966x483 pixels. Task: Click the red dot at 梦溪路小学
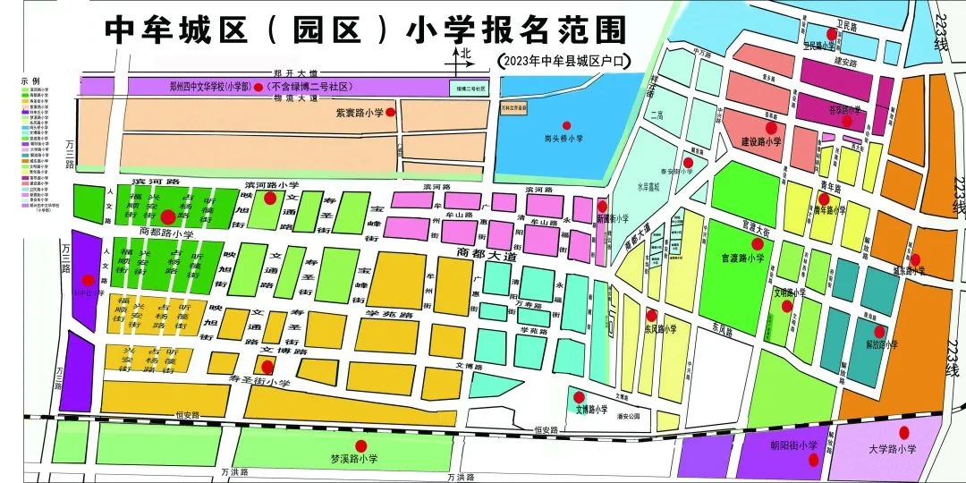tap(361, 445)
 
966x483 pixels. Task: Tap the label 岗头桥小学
tap(564, 139)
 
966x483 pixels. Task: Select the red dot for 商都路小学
tap(168, 216)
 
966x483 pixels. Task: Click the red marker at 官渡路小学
tap(757, 243)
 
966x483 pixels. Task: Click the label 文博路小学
tap(591, 410)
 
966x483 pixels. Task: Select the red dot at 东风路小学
tap(652, 315)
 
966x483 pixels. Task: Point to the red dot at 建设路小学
tap(771, 129)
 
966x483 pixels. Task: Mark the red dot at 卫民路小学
tap(831, 34)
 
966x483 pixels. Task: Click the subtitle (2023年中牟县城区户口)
tap(563, 60)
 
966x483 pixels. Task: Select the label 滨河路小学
tap(272, 185)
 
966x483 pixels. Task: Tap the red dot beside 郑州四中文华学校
tap(258, 88)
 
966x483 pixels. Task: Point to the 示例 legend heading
tap(30, 80)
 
